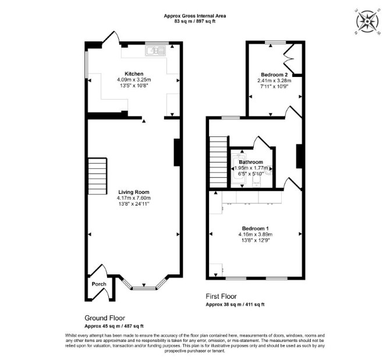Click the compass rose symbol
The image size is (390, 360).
click(367, 21)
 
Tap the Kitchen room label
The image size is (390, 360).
click(134, 74)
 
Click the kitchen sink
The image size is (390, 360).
click(155, 51)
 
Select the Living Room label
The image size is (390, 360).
click(134, 192)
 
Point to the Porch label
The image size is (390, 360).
click(99, 284)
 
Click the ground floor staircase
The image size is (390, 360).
click(97, 176)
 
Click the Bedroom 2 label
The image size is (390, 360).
click(274, 75)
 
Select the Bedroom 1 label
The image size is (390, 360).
click(256, 228)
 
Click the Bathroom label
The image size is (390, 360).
click(251, 162)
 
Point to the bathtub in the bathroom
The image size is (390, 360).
click(238, 171)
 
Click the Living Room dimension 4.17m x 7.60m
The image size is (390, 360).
click(134, 198)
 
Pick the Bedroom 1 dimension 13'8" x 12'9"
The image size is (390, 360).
click(256, 241)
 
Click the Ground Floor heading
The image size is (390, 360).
click(105, 318)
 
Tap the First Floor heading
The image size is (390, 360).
click(221, 297)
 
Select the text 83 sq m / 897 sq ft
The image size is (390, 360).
click(195, 21)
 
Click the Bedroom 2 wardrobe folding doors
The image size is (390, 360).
click(289, 58)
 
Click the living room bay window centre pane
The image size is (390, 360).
click(144, 288)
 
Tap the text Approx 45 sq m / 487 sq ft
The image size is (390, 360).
click(114, 326)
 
